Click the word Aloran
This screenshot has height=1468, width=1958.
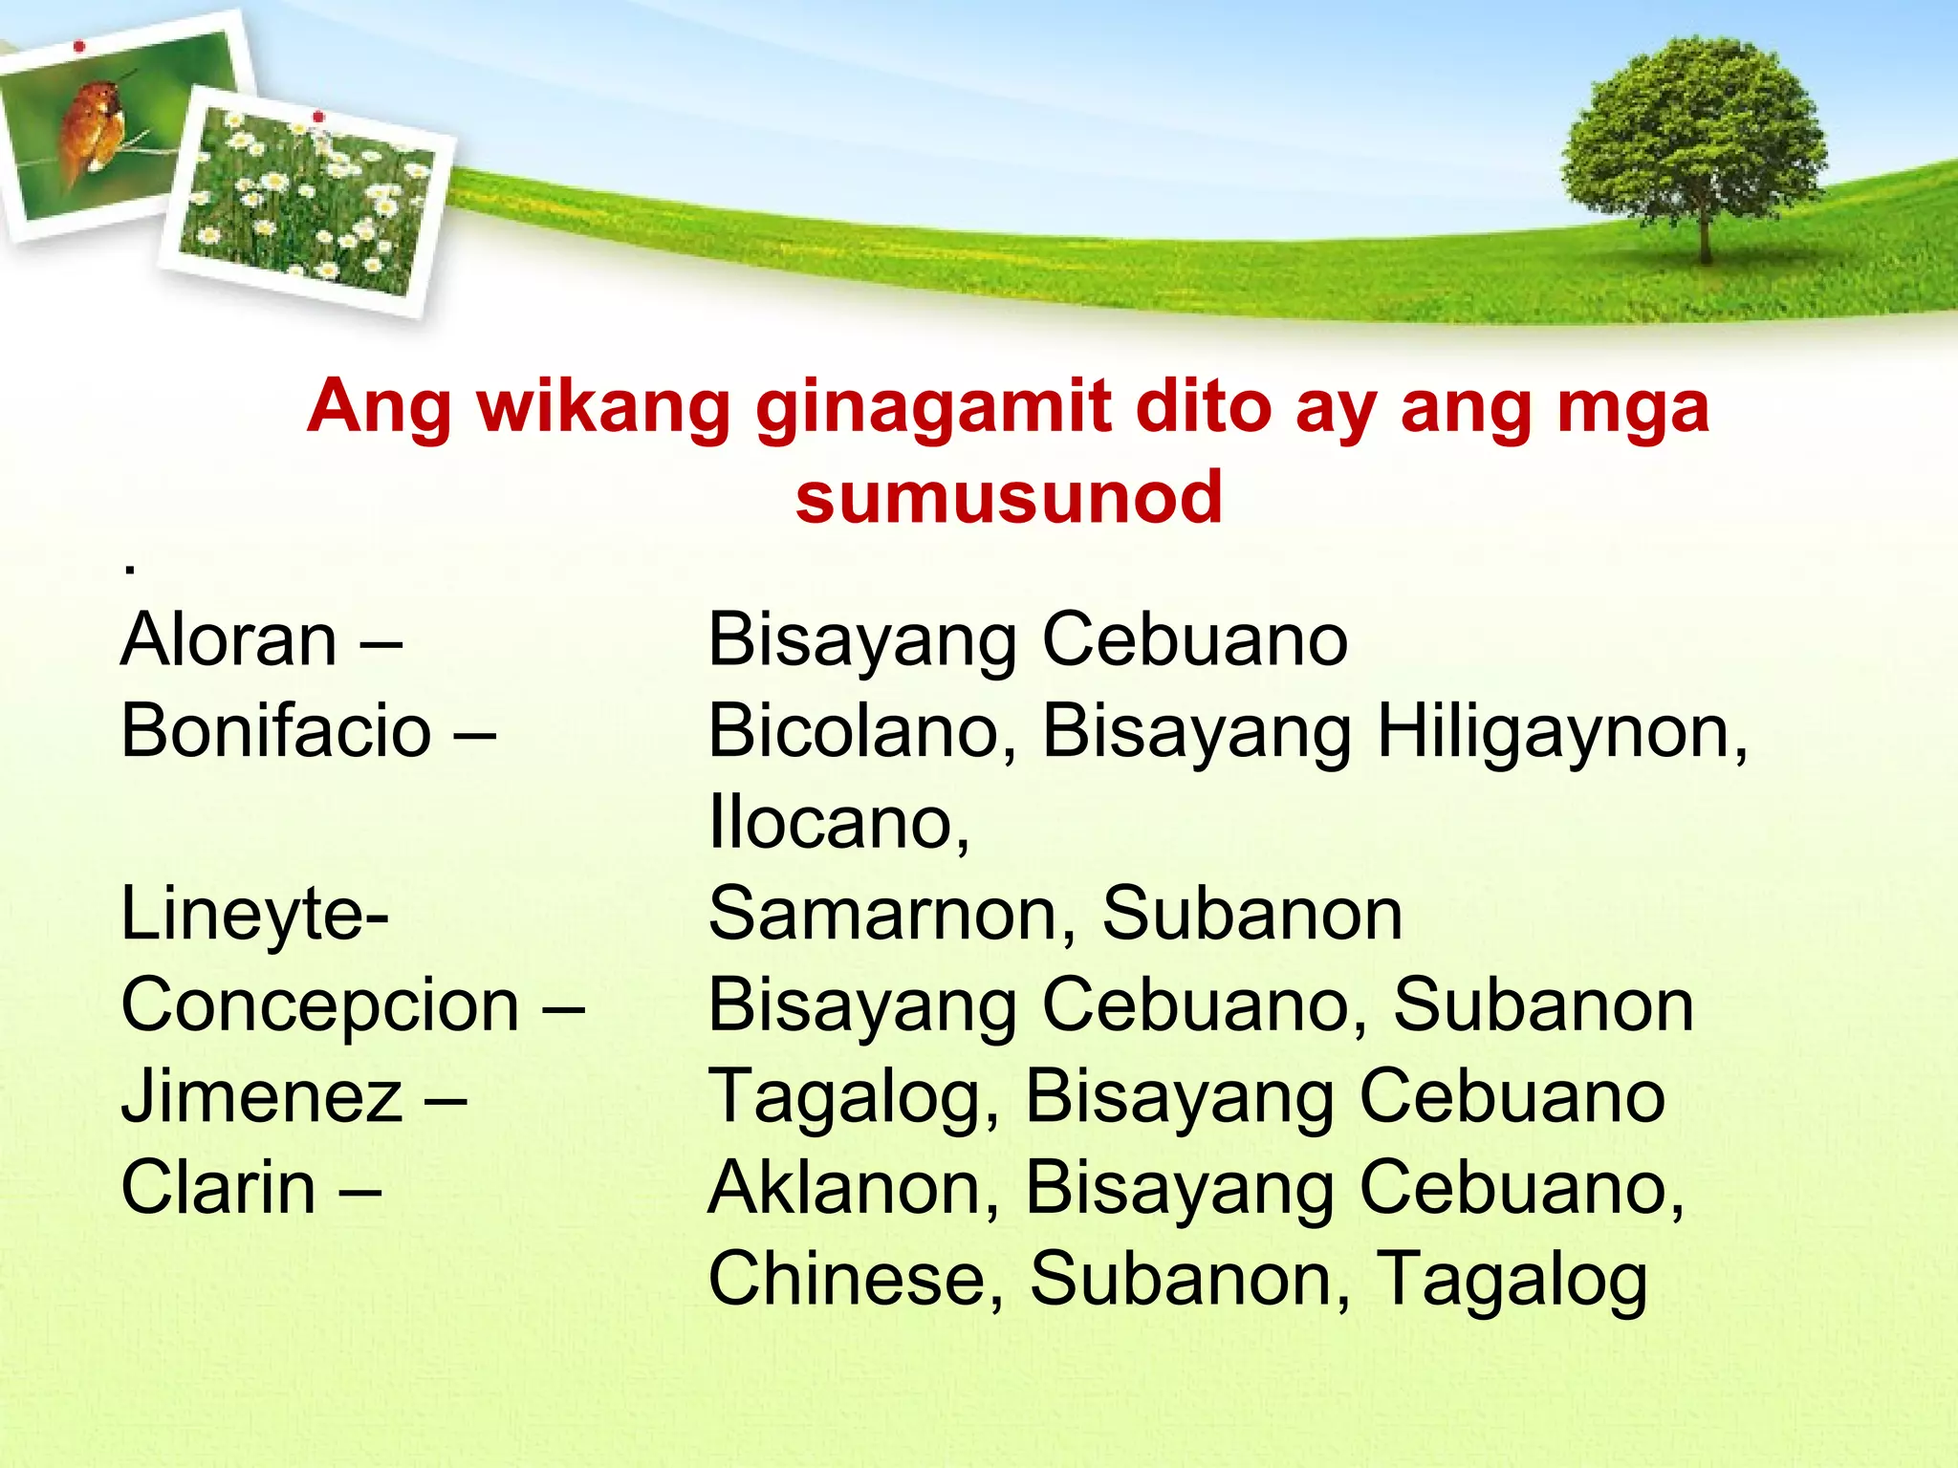coord(228,639)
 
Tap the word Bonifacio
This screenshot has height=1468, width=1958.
coord(276,731)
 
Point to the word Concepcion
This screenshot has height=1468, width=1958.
coord(320,1005)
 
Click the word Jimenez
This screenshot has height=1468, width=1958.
coord(262,1096)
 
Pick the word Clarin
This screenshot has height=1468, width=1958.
coord(219,1188)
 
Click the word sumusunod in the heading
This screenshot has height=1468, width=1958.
coord(1009,498)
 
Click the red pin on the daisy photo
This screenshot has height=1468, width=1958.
coord(318,117)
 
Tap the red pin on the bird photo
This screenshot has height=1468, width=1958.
coord(79,46)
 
